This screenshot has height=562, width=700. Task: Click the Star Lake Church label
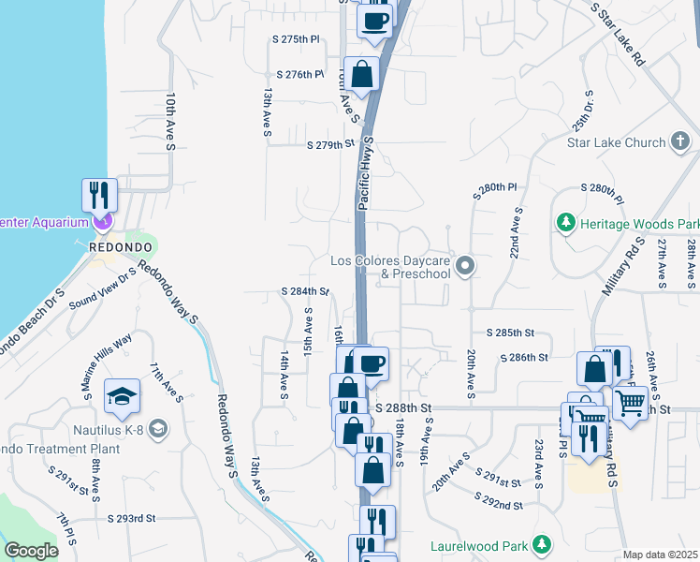tap(616, 143)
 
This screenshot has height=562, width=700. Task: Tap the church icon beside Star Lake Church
tap(680, 142)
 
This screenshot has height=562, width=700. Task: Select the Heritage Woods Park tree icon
tap(564, 223)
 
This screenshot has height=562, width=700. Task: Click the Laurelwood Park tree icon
tap(541, 544)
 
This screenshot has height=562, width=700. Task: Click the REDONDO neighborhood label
tap(114, 246)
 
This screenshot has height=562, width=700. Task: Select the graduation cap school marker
tap(123, 397)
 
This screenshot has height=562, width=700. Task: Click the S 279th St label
tap(332, 145)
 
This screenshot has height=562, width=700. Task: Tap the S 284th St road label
tap(305, 292)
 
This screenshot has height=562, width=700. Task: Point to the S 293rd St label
tap(131, 518)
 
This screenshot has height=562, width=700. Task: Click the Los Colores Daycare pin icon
tap(465, 268)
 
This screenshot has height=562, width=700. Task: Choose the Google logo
tap(31, 551)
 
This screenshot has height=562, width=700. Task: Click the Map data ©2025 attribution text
tap(661, 555)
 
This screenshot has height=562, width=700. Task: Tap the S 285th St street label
tap(510, 333)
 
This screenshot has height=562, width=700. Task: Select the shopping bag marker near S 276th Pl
tap(365, 73)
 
